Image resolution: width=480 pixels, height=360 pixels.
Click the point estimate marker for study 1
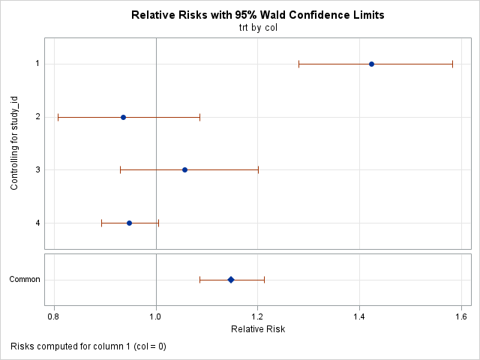click(371, 64)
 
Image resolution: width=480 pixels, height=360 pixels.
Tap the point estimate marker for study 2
click(123, 117)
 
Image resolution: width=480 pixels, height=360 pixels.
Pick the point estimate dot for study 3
click(184, 169)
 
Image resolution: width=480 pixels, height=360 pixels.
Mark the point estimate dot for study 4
click(129, 223)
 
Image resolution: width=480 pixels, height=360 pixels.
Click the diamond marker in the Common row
click(231, 280)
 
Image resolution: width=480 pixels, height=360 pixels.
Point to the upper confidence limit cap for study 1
click(452, 64)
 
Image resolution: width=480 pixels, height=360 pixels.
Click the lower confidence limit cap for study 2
click(58, 117)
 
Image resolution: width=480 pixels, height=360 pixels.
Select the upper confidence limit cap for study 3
click(258, 169)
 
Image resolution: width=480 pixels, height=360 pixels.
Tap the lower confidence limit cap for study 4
click(101, 223)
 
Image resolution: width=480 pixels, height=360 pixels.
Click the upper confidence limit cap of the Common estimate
click(265, 280)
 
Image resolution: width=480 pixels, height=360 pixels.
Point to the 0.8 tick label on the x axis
click(54, 316)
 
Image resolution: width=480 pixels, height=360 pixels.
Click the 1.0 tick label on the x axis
click(156, 316)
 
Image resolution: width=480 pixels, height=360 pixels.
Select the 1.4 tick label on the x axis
click(359, 316)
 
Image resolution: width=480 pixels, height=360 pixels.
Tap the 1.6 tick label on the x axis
click(461, 316)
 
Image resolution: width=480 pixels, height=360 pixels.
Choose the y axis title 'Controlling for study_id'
click(15, 143)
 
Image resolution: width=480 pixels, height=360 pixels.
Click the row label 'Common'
click(24, 280)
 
